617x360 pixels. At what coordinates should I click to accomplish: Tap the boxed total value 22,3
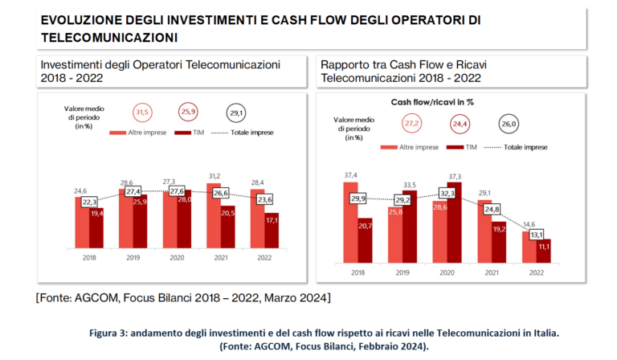[89, 202]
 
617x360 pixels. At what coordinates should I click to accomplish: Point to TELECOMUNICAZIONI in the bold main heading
[108, 38]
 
